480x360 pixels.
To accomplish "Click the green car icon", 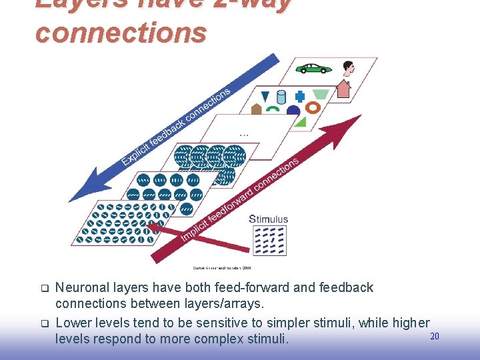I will pos(313,68).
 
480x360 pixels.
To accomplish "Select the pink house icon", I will pos(343,89).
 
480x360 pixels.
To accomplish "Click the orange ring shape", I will pos(313,107).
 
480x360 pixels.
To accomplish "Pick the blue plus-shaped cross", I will pos(300,96).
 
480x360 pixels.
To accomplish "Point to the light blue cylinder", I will pos(281,97).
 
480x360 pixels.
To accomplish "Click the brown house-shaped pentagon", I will pos(256,109).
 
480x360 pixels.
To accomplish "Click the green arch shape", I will pos(273,109).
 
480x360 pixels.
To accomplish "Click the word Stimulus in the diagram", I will pos(268,219).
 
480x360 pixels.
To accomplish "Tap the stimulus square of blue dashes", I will pos(269,240).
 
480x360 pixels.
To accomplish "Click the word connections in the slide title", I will pos(121,32).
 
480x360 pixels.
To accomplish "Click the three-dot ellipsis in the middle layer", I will pos(244,135).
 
